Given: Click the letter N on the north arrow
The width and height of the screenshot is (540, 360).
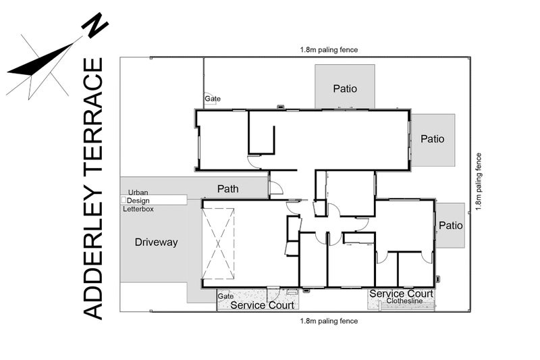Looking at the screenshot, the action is (94, 25).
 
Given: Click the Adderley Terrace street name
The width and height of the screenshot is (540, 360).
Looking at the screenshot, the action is (92, 188).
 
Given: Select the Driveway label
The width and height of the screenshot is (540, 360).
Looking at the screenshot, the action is (156, 242).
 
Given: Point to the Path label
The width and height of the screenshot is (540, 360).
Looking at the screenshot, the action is (227, 189).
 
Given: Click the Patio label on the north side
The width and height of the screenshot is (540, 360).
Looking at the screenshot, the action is (345, 88).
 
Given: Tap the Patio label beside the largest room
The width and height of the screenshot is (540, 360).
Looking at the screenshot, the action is (432, 139).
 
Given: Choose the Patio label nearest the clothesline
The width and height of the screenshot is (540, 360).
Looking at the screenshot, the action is (450, 226).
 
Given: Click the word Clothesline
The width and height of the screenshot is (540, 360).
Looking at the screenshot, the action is (404, 301).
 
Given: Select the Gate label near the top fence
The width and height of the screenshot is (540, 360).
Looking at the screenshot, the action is (213, 99).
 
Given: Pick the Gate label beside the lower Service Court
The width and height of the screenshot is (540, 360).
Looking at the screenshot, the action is (225, 296).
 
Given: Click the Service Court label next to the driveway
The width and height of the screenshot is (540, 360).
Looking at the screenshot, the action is (262, 305).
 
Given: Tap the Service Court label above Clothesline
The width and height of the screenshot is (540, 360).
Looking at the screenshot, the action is (401, 294).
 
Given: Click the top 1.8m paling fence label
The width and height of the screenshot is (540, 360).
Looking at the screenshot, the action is (329, 49).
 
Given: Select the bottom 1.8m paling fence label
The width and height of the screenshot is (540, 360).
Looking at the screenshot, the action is (329, 321).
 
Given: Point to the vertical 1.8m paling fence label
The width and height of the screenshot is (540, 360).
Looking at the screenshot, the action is (479, 182).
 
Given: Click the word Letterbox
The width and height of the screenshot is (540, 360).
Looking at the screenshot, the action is (138, 209).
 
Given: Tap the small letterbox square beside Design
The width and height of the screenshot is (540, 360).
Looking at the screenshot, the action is (124, 199).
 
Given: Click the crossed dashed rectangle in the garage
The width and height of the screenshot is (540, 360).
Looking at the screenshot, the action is (218, 244).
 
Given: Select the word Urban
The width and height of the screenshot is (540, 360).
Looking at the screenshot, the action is (138, 192).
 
